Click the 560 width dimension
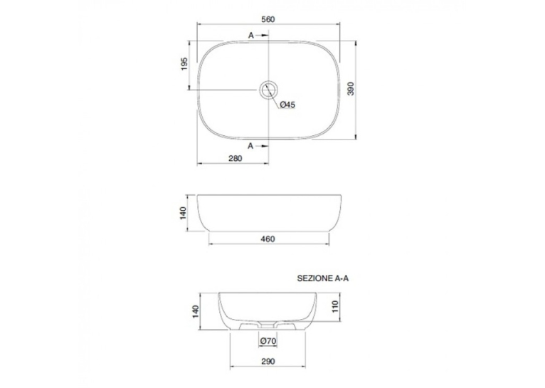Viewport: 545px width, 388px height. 268,19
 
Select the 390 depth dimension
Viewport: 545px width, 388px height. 351,89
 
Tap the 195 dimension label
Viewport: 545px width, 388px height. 184,64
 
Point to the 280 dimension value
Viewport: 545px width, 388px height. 236,158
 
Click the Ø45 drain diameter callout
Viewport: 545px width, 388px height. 287,105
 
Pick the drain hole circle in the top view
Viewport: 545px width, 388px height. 268,90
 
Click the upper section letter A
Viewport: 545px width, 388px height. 251,35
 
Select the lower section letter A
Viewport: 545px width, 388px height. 250,146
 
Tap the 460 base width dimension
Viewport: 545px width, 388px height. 268,238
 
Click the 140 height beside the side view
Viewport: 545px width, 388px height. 184,213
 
